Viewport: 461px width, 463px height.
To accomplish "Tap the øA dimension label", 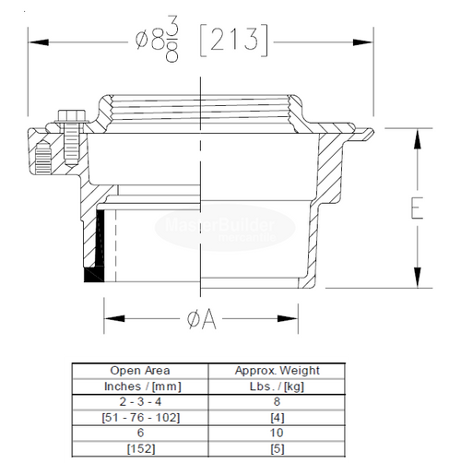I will (201, 320).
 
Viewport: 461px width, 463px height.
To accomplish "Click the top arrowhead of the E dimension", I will (417, 135).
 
